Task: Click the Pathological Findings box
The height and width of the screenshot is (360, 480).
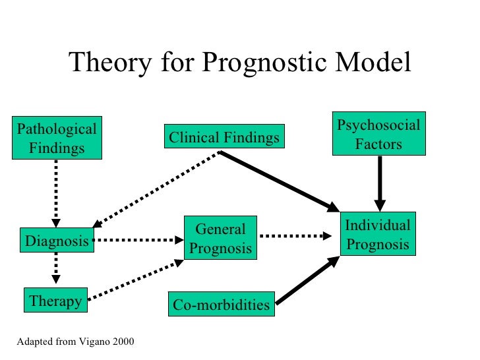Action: [57, 138]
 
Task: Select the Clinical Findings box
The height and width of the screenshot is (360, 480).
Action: [224, 138]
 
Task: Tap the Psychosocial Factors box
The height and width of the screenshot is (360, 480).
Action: [378, 134]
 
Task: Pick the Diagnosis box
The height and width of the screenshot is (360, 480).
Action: [56, 241]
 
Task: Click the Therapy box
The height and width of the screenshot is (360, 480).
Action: [55, 301]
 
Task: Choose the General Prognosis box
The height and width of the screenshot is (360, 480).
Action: [220, 239]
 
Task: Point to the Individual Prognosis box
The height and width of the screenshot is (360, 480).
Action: [378, 235]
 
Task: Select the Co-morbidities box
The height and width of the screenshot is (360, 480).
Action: [221, 305]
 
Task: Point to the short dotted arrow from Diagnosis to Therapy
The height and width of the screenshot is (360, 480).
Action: [56, 270]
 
